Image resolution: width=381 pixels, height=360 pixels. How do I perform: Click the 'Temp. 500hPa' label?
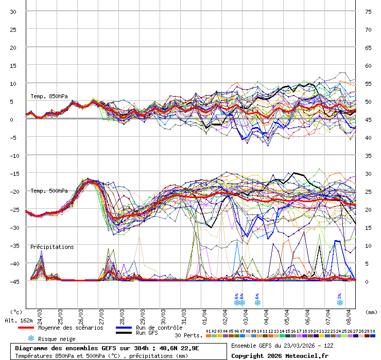[x=48, y=191]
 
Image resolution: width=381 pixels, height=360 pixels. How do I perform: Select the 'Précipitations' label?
[x=52, y=247]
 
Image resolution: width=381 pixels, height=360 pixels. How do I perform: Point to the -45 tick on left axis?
[x=15, y=281]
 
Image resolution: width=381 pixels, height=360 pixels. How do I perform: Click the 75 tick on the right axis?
[x=368, y=12]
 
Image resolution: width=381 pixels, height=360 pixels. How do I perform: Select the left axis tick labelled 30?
[x=13, y=12]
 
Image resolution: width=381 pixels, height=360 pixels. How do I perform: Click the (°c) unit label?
[x=16, y=312]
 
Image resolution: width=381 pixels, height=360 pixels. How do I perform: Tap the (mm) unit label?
[x=371, y=312]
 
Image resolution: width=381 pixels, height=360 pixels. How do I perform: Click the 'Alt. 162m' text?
[x=19, y=320]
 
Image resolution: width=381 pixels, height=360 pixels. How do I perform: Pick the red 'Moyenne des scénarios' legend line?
[x=33, y=328]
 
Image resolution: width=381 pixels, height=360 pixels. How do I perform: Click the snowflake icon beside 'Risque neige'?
[x=31, y=338]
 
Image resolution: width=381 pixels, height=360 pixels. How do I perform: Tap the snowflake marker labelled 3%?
[x=339, y=302]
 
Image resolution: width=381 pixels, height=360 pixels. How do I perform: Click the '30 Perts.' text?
[x=188, y=335]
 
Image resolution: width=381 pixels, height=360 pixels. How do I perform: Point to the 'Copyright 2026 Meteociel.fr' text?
[x=280, y=355]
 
